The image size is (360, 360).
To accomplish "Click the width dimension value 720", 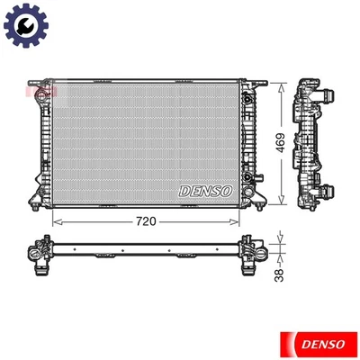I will [x=148, y=219].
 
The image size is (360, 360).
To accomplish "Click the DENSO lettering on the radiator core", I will [x=206, y=191].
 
